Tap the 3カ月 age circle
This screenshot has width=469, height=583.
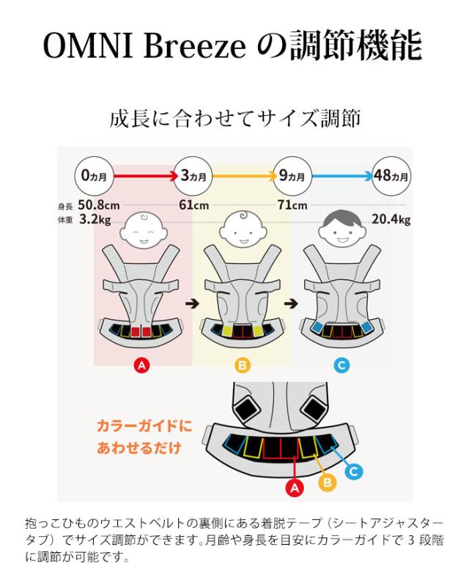tap(193, 176)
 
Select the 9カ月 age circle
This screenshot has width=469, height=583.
tap(291, 176)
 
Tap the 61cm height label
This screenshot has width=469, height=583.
tap(193, 205)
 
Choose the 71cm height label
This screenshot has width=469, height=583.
tap(292, 205)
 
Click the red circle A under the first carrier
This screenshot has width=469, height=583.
tap(143, 364)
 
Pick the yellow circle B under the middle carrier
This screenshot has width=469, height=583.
tap(242, 364)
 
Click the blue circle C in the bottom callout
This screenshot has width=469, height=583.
tap(353, 472)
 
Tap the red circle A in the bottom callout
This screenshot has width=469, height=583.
tap(295, 487)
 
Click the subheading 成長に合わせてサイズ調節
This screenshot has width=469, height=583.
tap(234, 120)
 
